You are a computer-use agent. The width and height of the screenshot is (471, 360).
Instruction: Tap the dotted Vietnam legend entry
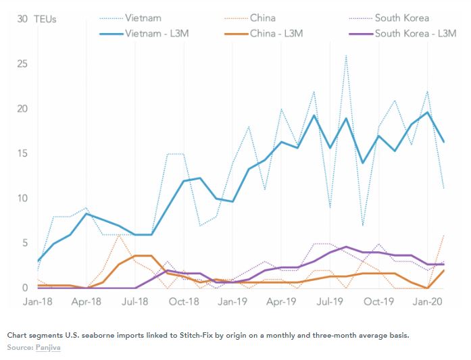pos(143,18)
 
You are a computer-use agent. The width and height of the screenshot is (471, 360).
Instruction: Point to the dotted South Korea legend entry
pos(401,18)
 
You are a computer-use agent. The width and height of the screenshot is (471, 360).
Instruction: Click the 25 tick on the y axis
pos(22,64)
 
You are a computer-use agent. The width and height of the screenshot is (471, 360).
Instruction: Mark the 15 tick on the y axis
pos(22,153)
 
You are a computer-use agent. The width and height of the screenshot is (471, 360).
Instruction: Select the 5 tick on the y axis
pos(24,243)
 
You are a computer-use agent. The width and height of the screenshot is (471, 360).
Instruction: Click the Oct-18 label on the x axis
pos(183,302)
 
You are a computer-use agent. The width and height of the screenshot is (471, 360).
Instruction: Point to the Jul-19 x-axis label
pos(329,302)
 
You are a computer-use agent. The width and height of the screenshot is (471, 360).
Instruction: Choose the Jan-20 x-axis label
pos(427,302)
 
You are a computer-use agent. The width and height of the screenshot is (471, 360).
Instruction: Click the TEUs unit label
pos(45,20)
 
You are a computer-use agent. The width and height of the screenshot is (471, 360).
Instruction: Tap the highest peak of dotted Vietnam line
pos(346,55)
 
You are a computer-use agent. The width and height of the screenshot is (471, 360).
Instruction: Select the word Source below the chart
pos(20,347)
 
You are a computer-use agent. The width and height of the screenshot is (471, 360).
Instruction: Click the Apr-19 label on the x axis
pos(280,302)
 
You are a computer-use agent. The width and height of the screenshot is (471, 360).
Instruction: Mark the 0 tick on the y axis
pos(24,288)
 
